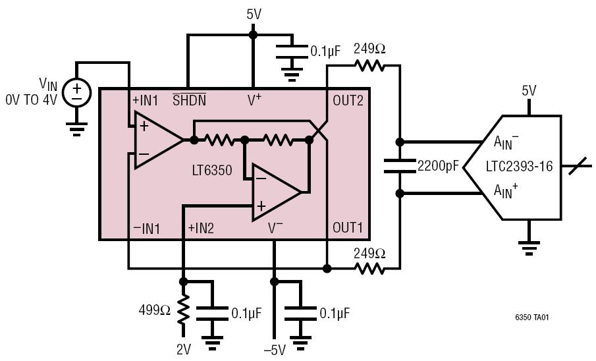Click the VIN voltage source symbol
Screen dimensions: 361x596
(77, 92)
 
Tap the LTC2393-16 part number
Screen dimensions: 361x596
(519, 167)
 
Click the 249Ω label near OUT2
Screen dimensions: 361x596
(369, 49)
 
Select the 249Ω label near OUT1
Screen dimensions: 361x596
(369, 252)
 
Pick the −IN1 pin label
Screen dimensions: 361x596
(147, 229)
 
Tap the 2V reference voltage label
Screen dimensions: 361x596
(184, 350)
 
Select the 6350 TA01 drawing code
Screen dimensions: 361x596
(531, 317)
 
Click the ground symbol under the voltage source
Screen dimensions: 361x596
(77, 128)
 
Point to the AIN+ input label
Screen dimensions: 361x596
(505, 191)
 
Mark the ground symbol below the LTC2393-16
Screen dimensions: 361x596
(527, 247)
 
